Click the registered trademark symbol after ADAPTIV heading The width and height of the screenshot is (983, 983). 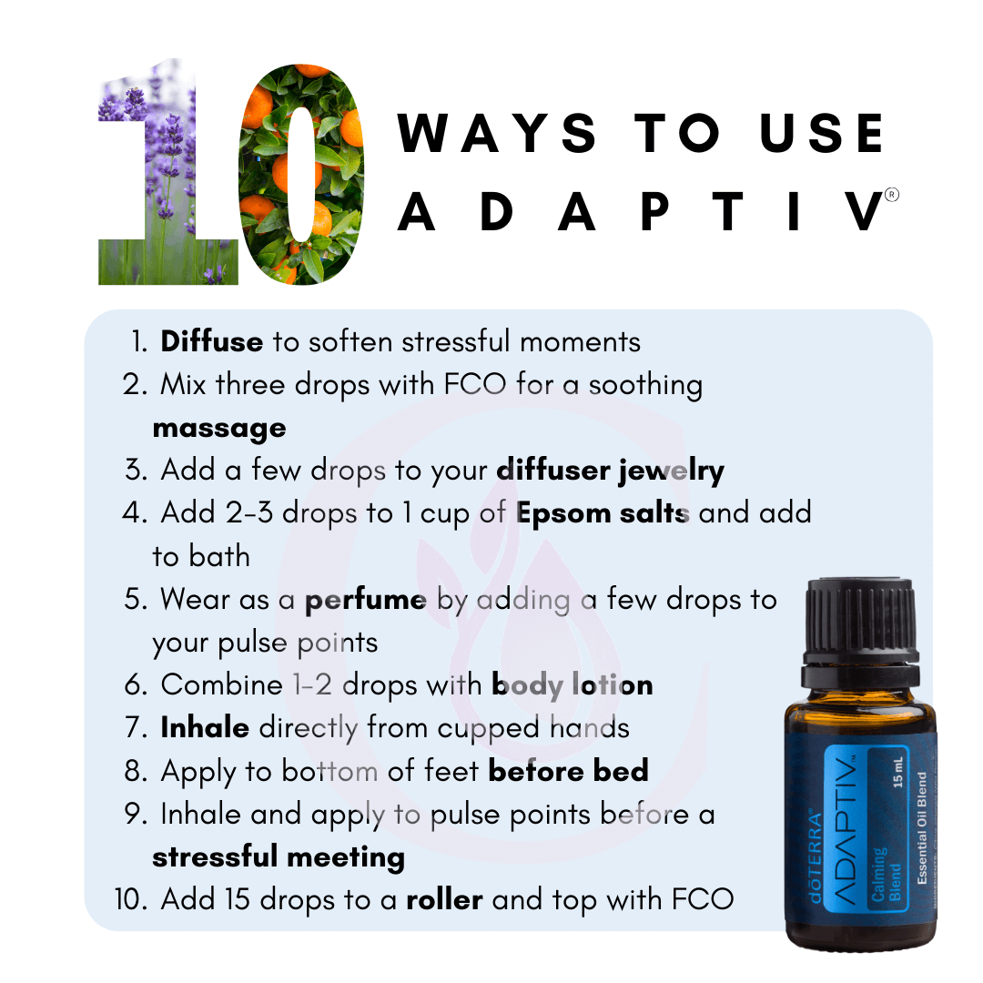(891, 195)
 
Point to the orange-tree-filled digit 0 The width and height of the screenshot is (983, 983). (301, 174)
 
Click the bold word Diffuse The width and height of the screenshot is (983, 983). (212, 341)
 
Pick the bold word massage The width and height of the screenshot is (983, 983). (219, 429)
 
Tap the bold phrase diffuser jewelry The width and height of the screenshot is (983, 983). (611, 471)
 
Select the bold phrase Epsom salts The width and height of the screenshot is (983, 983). (603, 513)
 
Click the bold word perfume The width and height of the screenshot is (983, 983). (366, 600)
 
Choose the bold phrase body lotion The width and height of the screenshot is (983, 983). (573, 684)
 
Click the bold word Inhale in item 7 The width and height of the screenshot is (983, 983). (205, 727)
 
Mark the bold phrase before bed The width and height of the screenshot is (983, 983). (569, 771)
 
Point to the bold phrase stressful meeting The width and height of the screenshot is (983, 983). (279, 857)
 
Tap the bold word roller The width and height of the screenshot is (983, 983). (444, 899)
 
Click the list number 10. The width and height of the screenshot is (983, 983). (131, 899)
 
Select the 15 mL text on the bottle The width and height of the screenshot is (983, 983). (898, 772)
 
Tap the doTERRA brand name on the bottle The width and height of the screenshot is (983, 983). (816, 856)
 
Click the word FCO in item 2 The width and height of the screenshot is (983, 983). (474, 384)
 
